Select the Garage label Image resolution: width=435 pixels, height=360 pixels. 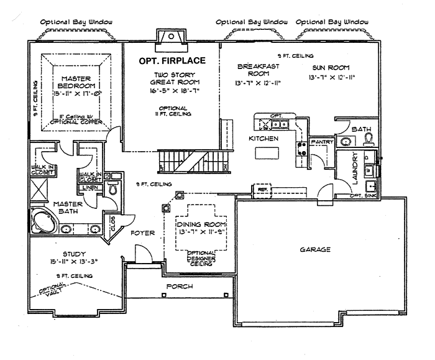tap(315, 249)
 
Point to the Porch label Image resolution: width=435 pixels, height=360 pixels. tap(179, 286)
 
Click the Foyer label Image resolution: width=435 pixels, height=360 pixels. tap(142, 233)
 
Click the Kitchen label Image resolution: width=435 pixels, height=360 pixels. tap(263, 137)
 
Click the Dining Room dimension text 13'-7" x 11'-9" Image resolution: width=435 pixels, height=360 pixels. tap(201, 231)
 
